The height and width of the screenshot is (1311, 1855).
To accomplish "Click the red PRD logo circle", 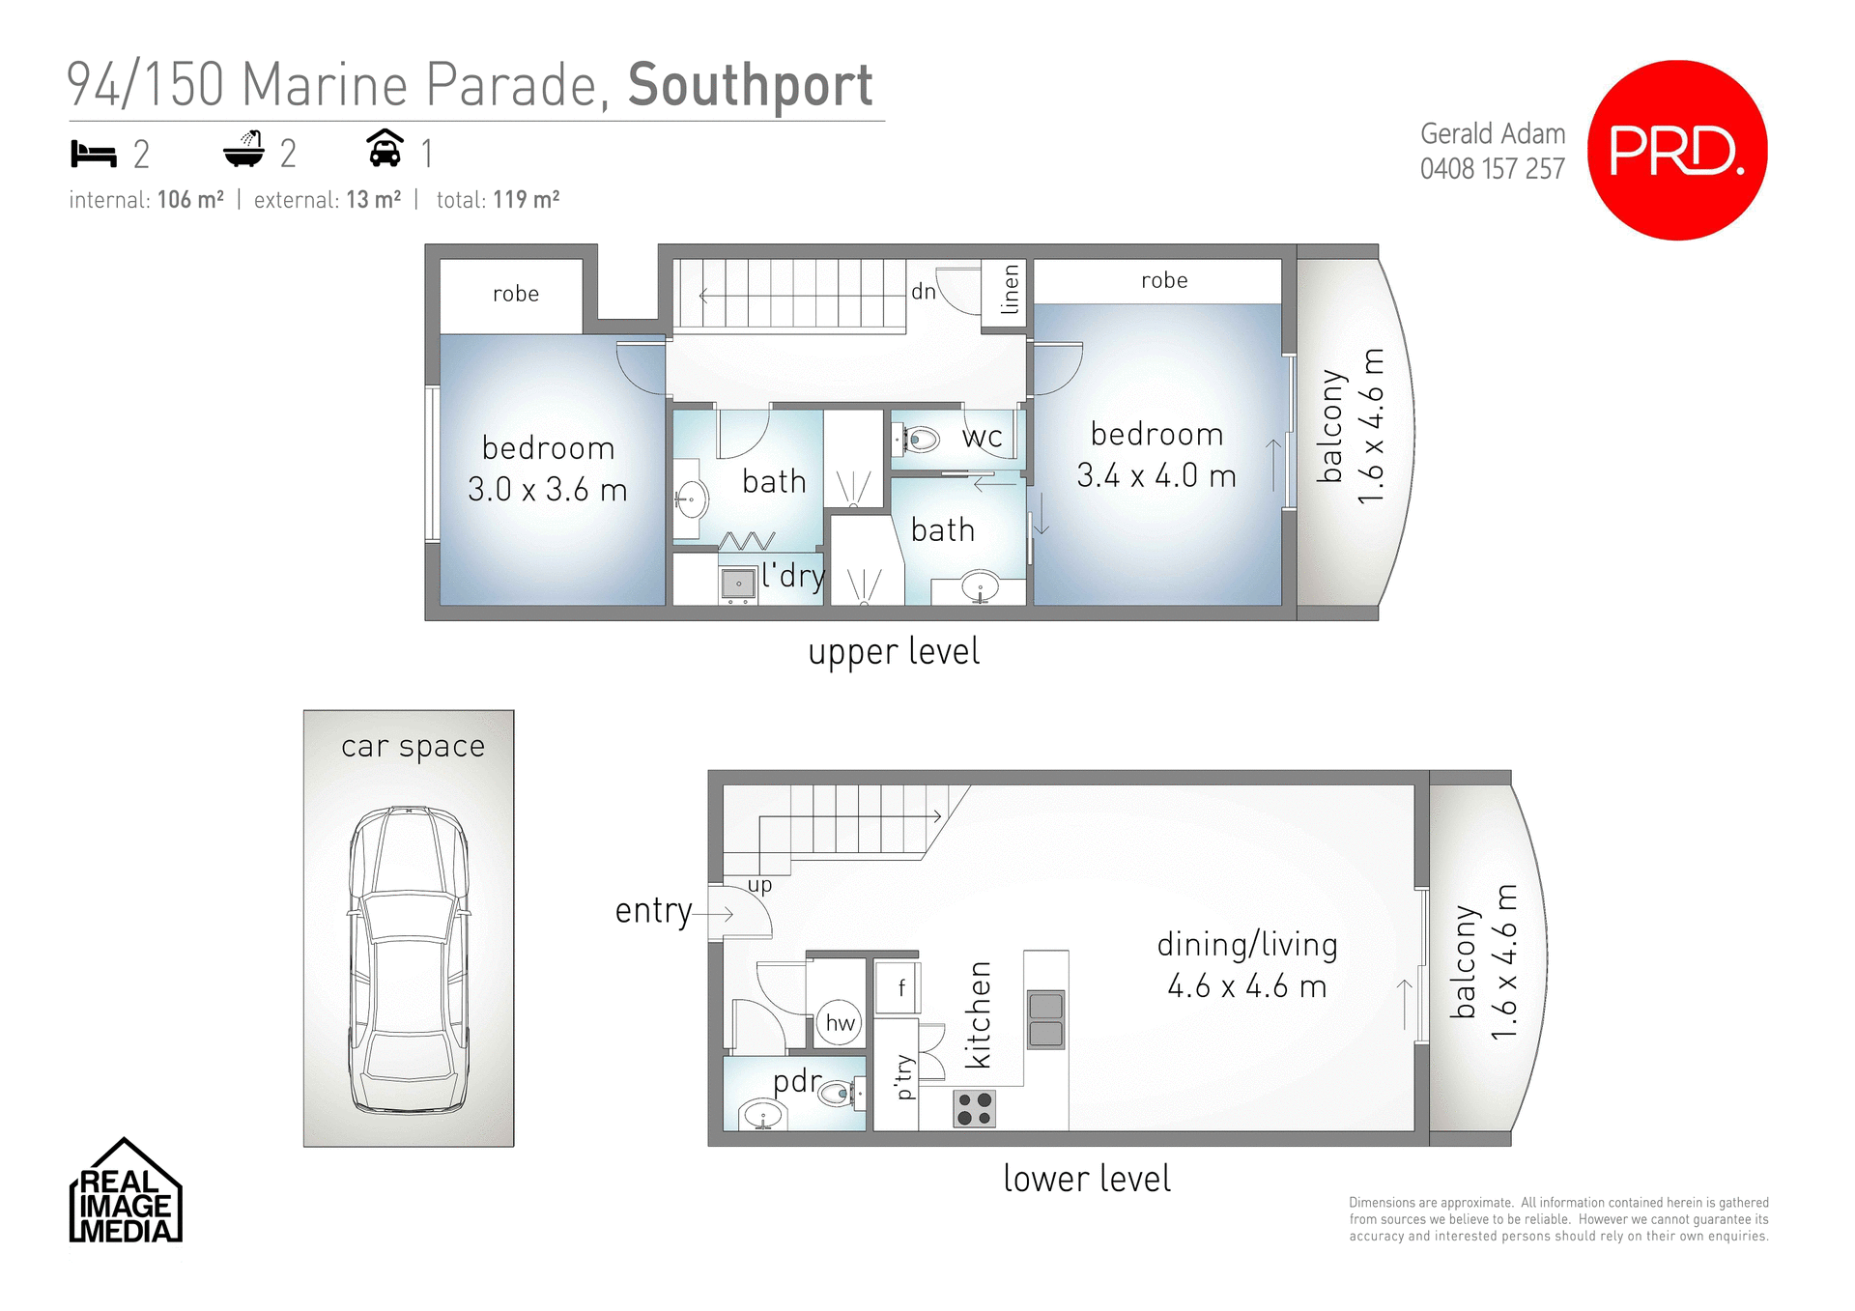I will point(1677,151).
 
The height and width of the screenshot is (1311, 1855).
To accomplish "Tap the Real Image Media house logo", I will point(125,1191).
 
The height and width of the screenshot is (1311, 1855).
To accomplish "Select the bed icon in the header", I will point(94,154).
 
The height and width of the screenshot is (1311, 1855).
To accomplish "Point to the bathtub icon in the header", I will point(243,150).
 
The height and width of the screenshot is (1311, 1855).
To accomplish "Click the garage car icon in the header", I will point(385,150).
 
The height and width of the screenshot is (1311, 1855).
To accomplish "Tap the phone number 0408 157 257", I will point(1492,169).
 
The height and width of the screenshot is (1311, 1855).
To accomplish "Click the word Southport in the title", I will point(751,85).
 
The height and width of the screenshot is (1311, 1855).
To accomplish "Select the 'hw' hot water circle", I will point(840,1023).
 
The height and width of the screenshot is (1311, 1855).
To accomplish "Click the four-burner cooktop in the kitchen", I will point(974,1108).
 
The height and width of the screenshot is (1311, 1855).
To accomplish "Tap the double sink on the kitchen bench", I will point(1045,1019).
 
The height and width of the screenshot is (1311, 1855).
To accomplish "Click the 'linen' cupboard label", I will point(1010,290).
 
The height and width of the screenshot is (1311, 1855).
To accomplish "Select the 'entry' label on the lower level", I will point(653,911).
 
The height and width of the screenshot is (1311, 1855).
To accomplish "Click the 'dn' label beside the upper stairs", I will point(923,291).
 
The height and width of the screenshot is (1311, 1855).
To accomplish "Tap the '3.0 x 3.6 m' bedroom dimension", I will point(548,490).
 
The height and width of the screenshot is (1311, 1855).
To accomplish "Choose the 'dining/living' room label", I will point(1247,945).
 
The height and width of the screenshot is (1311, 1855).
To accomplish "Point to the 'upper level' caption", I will point(894,652).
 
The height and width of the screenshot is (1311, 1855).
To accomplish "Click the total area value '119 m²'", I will point(527,200).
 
